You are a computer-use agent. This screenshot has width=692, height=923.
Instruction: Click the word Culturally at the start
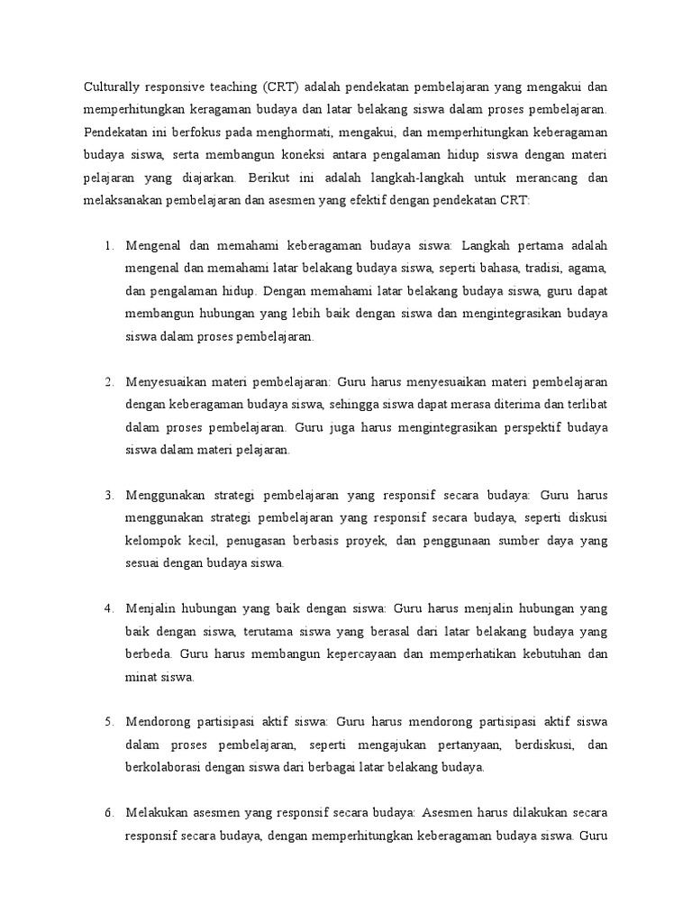[114, 87]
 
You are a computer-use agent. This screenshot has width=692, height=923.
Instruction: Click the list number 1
[108, 246]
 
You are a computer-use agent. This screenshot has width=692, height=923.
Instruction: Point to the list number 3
[108, 496]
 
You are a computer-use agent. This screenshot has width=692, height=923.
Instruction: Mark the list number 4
[108, 609]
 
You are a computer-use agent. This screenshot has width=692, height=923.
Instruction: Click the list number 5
[108, 723]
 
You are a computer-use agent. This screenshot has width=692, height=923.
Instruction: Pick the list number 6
[108, 814]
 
